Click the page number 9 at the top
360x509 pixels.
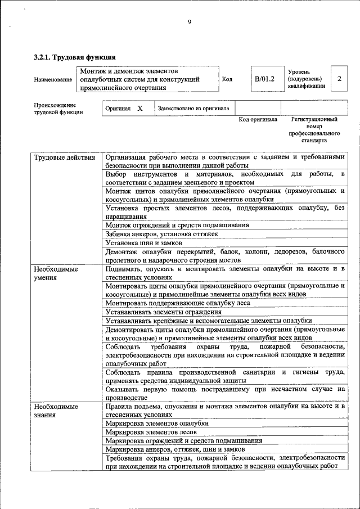coord(190,22)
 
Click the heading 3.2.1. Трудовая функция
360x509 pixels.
coord(74,57)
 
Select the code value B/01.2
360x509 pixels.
coord(264,79)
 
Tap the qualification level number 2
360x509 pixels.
coord(339,79)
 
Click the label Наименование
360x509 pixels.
coord(53,80)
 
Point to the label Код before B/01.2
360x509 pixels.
coord(227,79)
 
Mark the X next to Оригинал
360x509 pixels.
coord(140,107)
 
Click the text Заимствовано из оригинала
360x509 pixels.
coord(193,108)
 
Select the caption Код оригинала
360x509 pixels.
coord(258,119)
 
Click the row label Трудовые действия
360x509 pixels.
coord(65,157)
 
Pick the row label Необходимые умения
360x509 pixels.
coord(56,273)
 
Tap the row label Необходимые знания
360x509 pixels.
coord(56,409)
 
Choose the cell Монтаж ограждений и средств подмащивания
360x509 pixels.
coord(177,224)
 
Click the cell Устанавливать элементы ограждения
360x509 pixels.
coord(163,312)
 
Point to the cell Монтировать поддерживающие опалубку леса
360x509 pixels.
coord(178,303)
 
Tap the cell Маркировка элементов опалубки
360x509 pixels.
coord(157,423)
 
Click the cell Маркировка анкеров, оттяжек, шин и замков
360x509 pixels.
coord(175,450)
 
